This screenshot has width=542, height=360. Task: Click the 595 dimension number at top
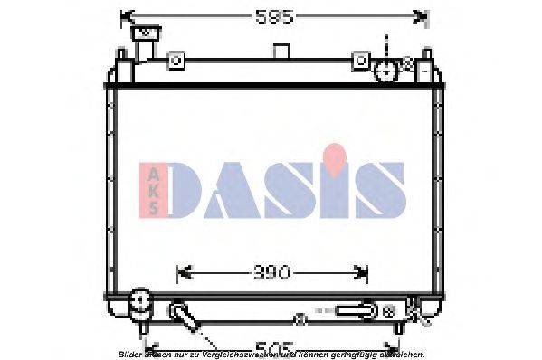[x=272, y=16]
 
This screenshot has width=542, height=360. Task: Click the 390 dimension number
[x=272, y=271]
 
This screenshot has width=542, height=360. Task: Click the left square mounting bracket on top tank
[x=177, y=62]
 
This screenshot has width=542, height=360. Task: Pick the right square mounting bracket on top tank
[x=362, y=62]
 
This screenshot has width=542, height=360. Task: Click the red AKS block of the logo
[x=152, y=190]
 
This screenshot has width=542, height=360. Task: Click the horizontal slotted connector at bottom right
[x=355, y=310]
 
